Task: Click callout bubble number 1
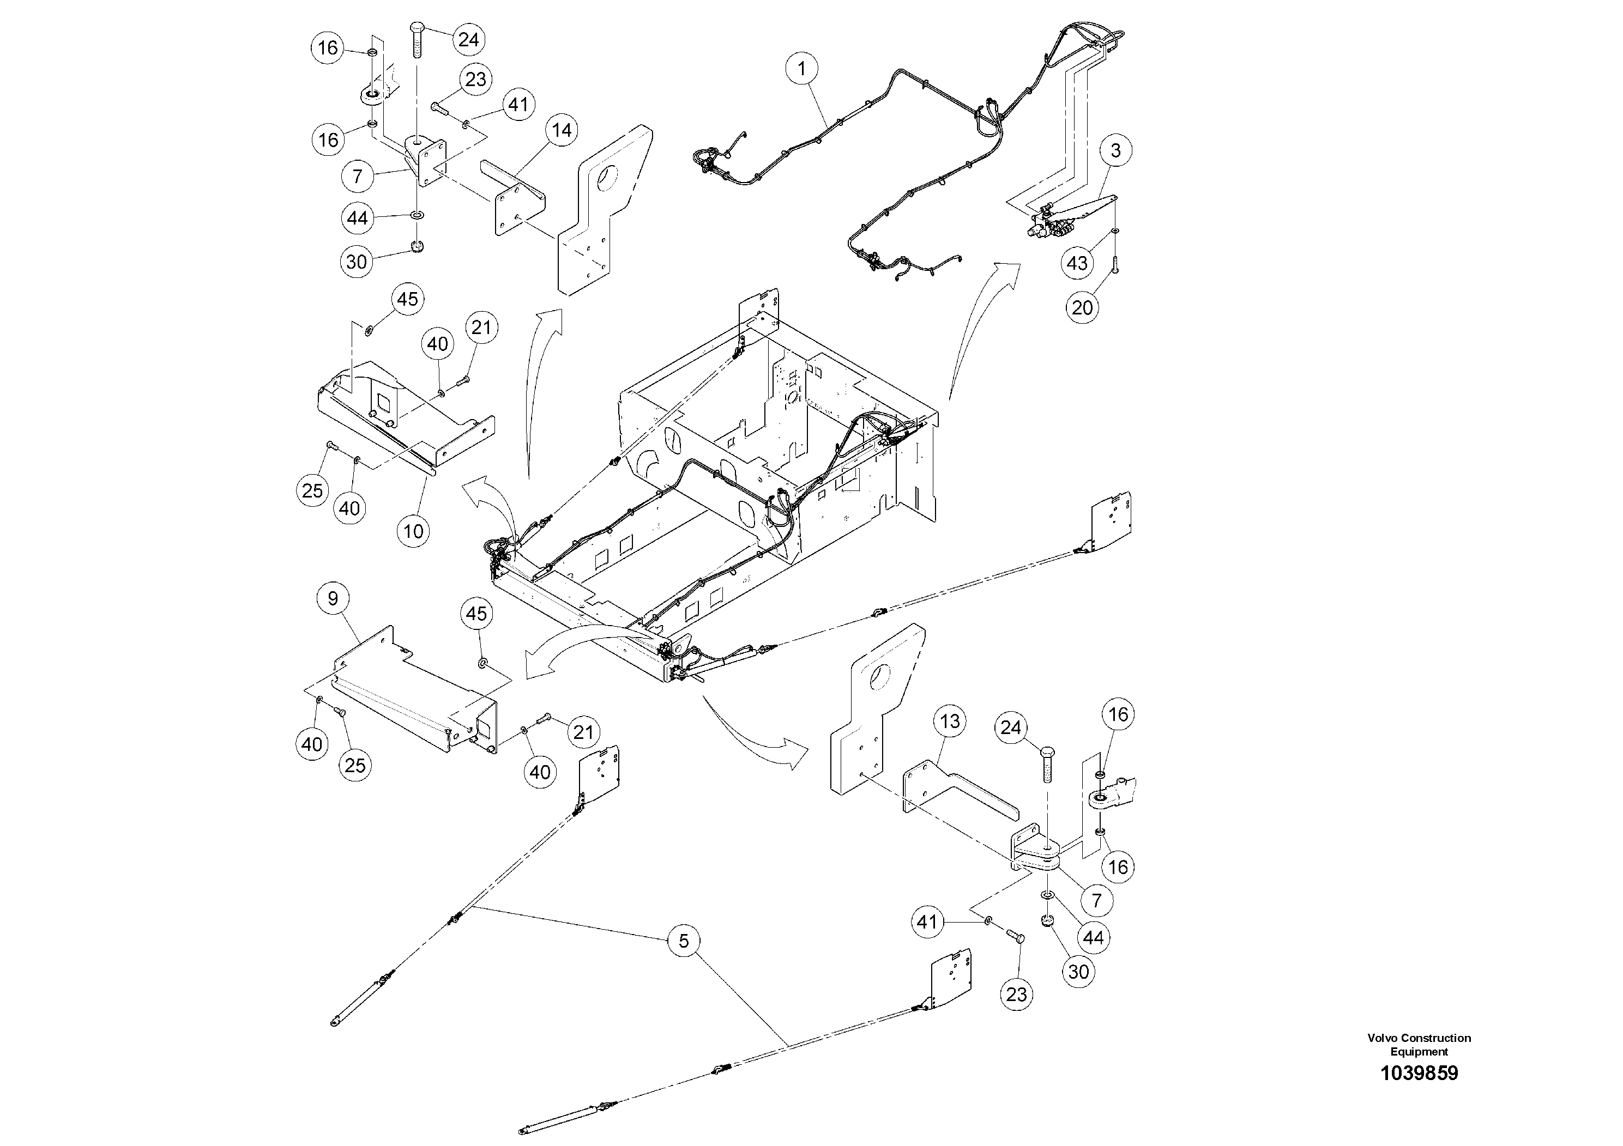[801, 69]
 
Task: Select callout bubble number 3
[1115, 150]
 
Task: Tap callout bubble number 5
[684, 941]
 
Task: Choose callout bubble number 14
[562, 131]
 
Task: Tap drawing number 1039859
[1419, 1073]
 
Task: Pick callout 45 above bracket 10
[407, 300]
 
